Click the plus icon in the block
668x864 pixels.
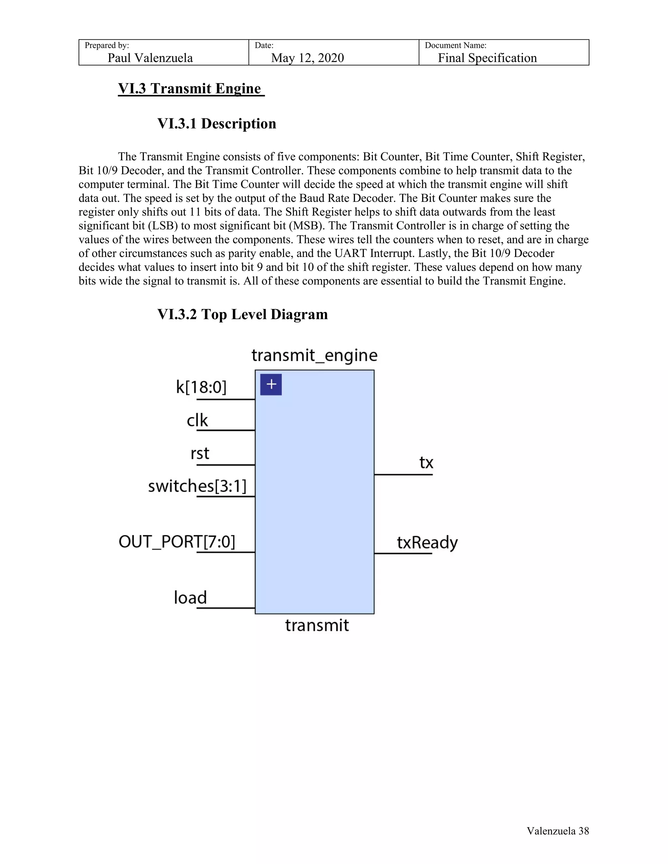click(271, 384)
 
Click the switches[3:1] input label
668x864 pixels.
click(197, 486)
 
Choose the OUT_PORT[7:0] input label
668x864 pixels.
click(176, 542)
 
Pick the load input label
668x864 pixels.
click(190, 598)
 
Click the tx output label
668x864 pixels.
click(426, 462)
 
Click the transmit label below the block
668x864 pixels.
click(317, 625)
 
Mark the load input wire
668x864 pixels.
click(226, 608)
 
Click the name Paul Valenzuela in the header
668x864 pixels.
click(150, 58)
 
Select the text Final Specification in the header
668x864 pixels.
click(487, 58)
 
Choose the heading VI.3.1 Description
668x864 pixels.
click(217, 124)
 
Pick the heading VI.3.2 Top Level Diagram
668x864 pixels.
click(242, 315)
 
